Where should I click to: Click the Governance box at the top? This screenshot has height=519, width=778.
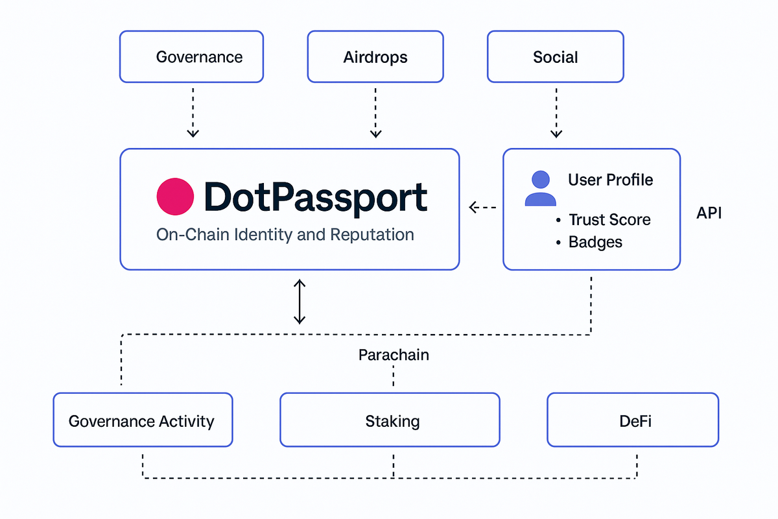tap(192, 57)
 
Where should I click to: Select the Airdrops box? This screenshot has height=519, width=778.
tap(375, 57)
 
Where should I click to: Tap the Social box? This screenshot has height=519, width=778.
tap(555, 57)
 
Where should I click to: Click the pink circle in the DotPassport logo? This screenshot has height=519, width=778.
tap(175, 197)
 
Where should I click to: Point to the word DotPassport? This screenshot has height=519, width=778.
tap(315, 197)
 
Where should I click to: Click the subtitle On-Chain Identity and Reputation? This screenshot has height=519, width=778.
tap(285, 234)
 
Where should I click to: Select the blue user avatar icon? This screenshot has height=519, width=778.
tap(540, 189)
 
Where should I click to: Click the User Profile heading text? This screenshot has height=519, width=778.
tap(610, 180)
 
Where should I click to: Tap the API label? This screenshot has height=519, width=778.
tap(709, 213)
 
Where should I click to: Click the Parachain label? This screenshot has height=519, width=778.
tap(394, 355)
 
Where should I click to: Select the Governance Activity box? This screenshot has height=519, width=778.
tap(143, 420)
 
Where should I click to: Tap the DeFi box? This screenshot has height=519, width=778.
tap(632, 420)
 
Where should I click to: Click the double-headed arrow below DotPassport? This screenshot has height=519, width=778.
tap(299, 301)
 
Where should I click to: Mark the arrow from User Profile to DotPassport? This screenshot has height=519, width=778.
tap(482, 208)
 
